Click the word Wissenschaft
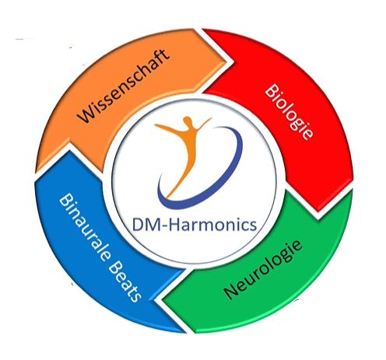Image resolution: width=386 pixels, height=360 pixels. coord(124,86)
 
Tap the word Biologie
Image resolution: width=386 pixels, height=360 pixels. coord(289,112)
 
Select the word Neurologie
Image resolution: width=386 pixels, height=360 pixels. coord(263,270)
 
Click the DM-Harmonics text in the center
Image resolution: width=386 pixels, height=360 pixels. coord(195,225)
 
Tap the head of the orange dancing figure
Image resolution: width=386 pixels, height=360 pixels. coord(188,121)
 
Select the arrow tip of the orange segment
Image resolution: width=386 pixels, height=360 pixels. coord(226,62)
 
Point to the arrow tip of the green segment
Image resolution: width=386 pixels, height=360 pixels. coord(163,300)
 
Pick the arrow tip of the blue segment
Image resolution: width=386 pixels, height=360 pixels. coord(69,150)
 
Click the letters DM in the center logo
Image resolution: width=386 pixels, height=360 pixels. coord(146,225)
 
